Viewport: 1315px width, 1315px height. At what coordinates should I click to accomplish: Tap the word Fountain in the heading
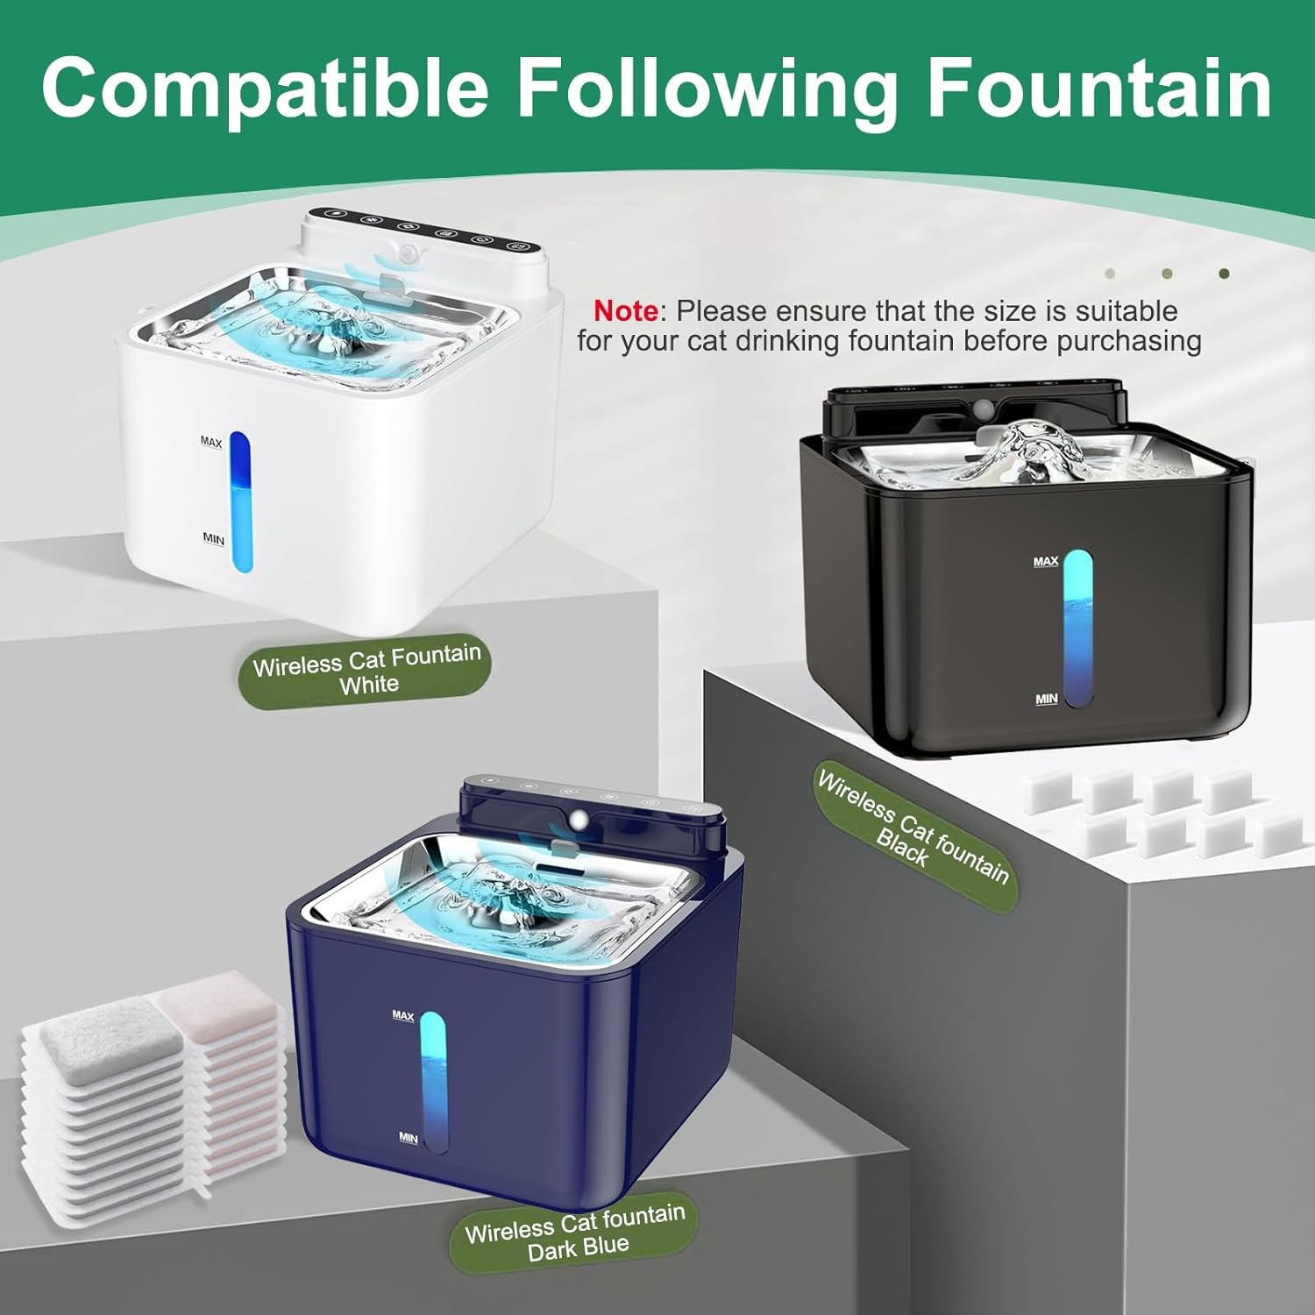1099,88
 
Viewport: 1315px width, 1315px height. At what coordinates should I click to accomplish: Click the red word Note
625,310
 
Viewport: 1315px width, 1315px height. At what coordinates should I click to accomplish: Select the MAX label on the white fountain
211,442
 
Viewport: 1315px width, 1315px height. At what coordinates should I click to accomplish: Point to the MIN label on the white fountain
213,537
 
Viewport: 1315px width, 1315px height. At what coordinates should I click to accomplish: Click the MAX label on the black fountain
1045,561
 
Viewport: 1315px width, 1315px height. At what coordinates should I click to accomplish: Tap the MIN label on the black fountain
1046,699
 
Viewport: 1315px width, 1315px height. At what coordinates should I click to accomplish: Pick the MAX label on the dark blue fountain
402,1015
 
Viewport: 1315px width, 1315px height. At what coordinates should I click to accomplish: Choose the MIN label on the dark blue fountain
408,1137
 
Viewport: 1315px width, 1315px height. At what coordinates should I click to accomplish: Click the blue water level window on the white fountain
239,501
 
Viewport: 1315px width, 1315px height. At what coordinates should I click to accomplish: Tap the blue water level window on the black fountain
1078,629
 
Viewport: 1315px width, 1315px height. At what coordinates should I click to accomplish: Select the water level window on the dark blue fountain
432,1082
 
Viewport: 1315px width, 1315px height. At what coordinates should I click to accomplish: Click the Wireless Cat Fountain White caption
366,670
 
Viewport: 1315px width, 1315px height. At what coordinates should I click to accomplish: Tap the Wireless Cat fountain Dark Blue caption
576,1232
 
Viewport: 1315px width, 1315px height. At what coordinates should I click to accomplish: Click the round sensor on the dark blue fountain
578,820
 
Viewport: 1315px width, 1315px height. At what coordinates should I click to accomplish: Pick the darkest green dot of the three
1224,274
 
